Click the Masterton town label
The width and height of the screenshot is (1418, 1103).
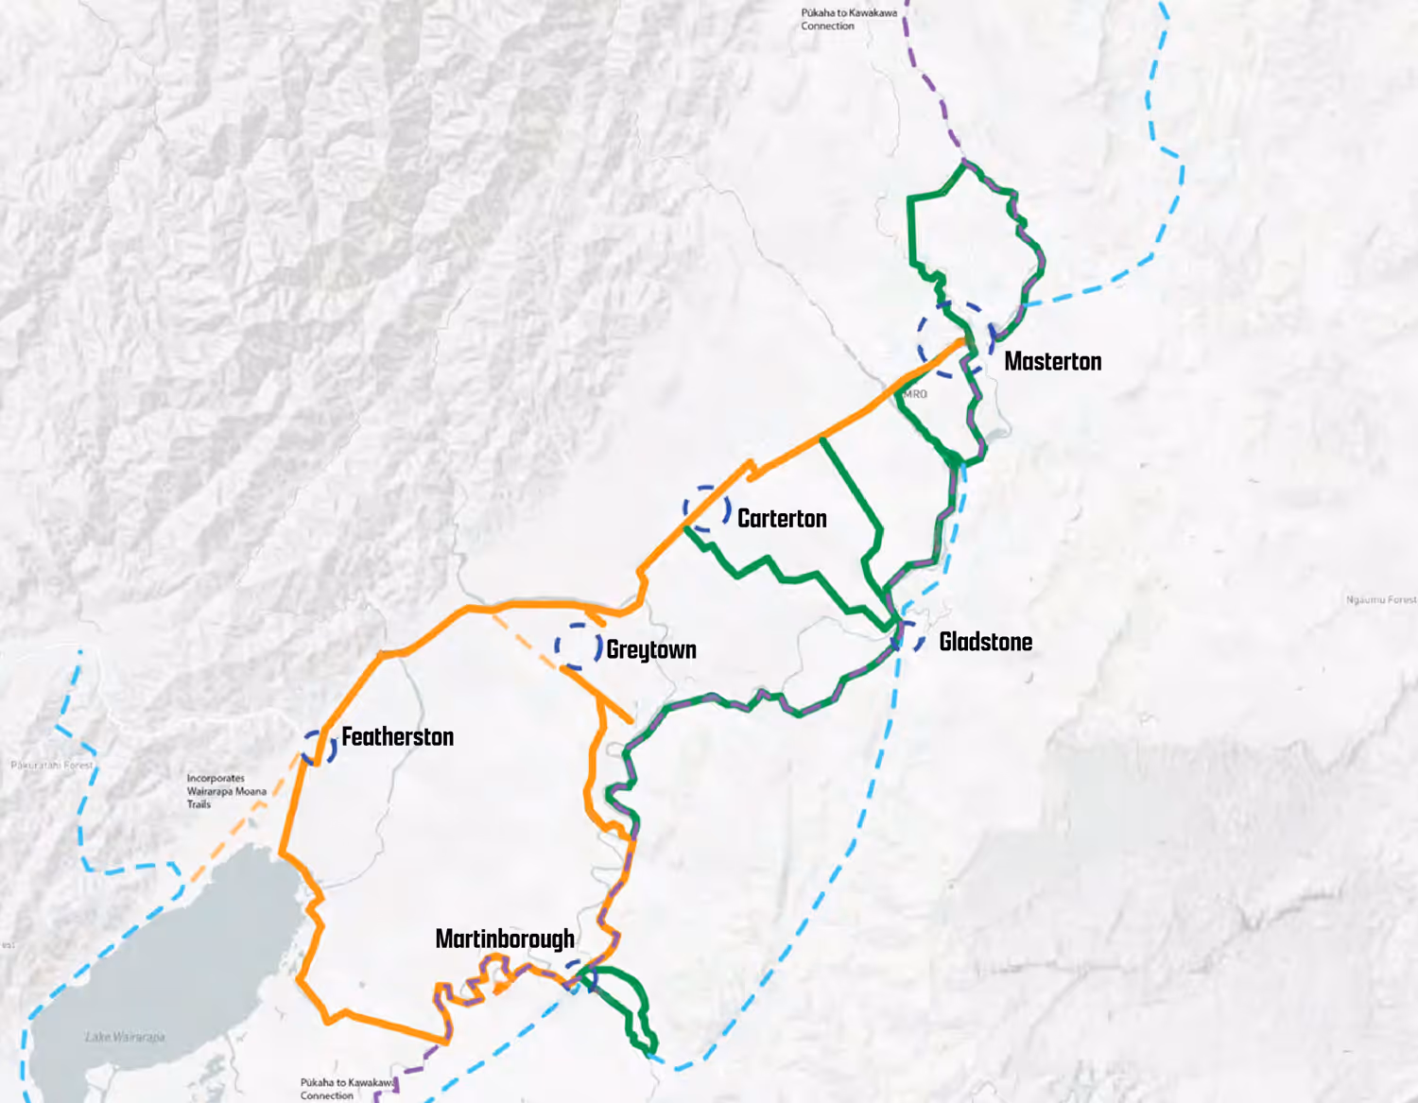click(x=1052, y=361)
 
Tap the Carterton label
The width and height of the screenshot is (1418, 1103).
click(x=782, y=518)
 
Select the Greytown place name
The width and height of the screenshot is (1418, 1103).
click(x=651, y=649)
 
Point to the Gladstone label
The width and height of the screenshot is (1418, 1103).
click(x=985, y=642)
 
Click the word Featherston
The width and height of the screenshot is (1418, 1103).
click(x=397, y=736)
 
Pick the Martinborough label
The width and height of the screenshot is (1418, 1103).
click(x=505, y=939)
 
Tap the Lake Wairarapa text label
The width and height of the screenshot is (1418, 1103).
click(x=125, y=1037)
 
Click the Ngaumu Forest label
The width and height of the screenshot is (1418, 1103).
click(x=1381, y=600)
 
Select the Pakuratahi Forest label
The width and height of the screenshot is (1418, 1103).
click(x=52, y=765)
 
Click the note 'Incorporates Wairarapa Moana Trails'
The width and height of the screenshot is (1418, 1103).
click(x=226, y=791)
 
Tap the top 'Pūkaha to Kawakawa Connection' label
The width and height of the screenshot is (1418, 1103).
click(x=848, y=19)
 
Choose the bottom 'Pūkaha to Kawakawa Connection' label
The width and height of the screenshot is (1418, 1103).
click(x=347, y=1089)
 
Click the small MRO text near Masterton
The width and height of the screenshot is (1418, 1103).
click(x=915, y=394)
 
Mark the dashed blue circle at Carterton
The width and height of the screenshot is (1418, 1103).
click(x=706, y=508)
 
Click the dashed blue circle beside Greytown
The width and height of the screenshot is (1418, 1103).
click(x=579, y=647)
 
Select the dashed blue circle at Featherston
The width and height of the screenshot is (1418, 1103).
click(x=320, y=747)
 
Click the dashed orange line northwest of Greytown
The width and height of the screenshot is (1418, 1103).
click(x=525, y=640)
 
